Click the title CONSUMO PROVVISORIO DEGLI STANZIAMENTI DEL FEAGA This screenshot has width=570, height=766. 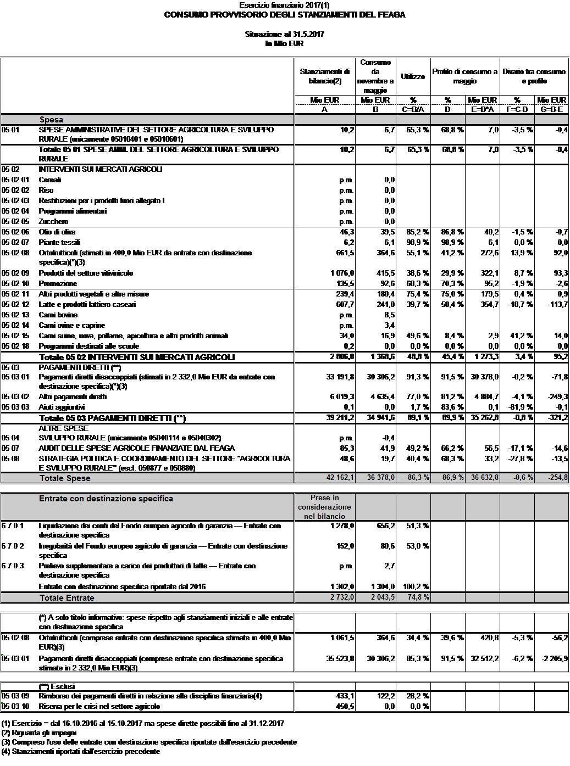[285, 15]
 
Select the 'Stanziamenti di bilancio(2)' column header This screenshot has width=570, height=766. [325, 76]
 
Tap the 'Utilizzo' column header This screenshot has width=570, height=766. [413, 76]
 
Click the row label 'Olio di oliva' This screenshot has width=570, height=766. [57, 232]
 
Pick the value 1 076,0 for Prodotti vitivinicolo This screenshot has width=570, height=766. [341, 273]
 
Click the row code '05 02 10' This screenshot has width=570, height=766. [15, 283]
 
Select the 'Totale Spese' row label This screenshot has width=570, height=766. [65, 478]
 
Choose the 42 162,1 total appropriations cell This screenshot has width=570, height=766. [340, 478]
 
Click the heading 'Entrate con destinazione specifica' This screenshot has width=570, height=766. [106, 499]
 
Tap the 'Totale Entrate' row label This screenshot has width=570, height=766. [67, 597]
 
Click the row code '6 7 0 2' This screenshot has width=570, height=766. [13, 546]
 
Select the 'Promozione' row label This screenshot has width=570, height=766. [58, 283]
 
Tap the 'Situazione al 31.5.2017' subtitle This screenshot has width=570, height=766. [284, 34]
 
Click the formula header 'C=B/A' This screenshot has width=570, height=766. [413, 109]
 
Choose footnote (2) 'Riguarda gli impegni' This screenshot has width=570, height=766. [40, 733]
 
